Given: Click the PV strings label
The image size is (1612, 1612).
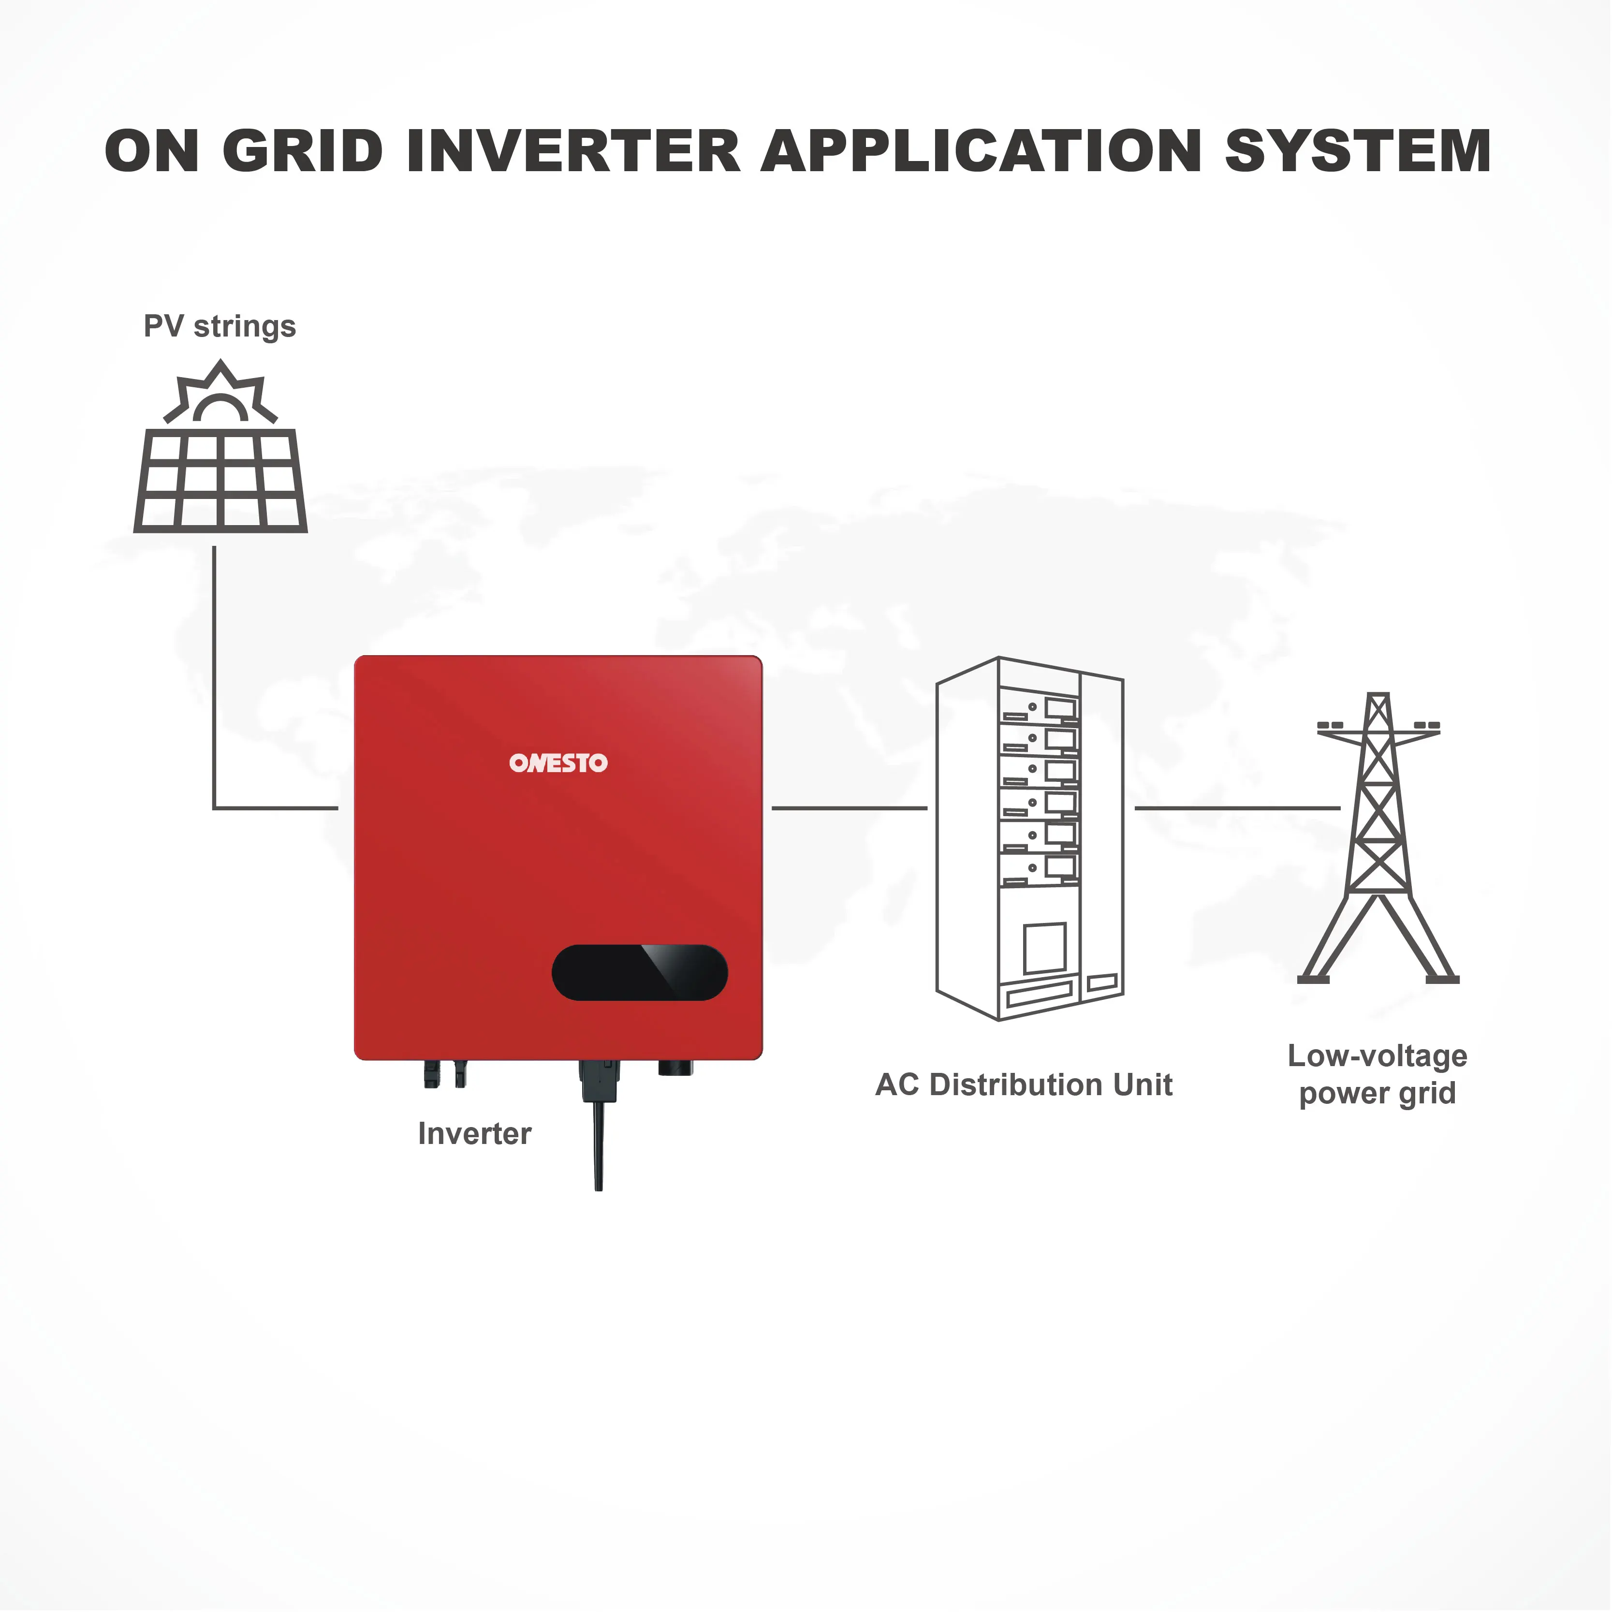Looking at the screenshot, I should point(220,326).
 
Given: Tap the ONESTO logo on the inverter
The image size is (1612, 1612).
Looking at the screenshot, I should point(558,762).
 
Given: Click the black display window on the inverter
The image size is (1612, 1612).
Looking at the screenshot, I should point(639,972).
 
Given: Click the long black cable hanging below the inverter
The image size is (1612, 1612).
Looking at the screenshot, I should point(598,1143).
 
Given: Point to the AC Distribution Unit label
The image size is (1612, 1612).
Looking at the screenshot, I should point(1024,1084).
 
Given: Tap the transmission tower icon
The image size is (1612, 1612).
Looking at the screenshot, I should point(1378,843).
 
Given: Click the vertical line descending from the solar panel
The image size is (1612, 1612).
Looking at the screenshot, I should point(214,676).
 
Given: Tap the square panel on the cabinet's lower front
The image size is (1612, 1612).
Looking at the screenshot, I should point(1045,947).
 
